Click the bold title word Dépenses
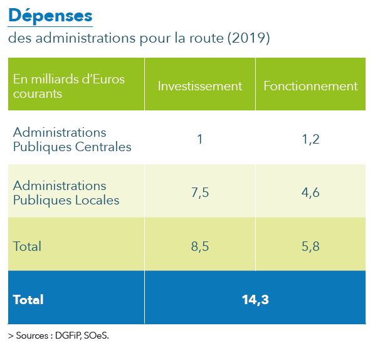coord(50,15)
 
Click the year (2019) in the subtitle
coord(250,39)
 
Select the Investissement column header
coord(199,86)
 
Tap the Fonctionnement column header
coord(310,86)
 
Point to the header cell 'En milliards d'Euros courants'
coord(69,86)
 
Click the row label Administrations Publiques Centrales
coord(72,140)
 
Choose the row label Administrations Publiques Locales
coord(66,193)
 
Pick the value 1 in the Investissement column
coord(199,139)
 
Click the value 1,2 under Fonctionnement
coord(310,139)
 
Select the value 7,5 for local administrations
coord(199,193)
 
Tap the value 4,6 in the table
coord(310,193)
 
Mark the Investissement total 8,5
coord(199,246)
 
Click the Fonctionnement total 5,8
coord(310,246)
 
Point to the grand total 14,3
coord(255,300)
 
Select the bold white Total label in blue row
coord(28,300)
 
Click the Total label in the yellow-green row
coord(27,246)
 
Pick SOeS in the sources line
coord(97,336)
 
